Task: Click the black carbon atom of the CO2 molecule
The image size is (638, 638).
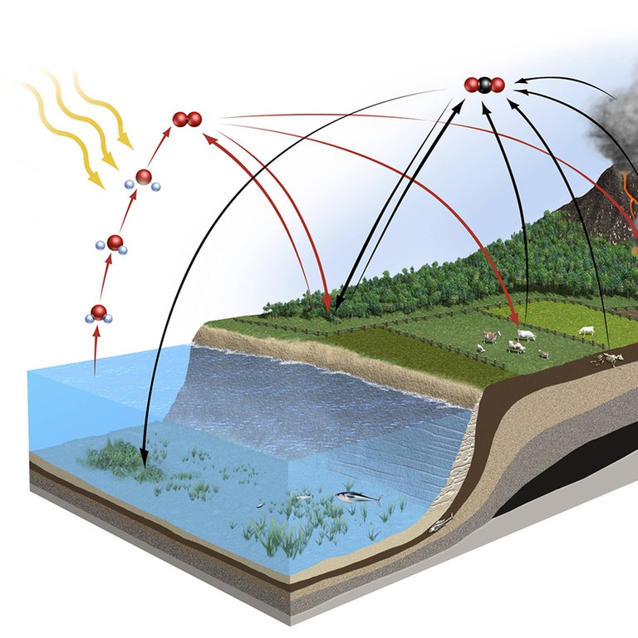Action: click(x=484, y=84)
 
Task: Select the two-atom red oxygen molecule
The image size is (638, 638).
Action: click(x=187, y=120)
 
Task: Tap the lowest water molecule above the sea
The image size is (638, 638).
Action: click(x=98, y=313)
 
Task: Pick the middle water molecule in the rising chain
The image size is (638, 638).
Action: click(x=115, y=243)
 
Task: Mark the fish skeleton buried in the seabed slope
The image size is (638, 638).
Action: click(x=440, y=523)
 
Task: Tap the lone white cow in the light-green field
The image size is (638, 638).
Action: click(x=587, y=331)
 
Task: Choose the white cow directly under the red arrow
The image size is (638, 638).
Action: click(x=525, y=334)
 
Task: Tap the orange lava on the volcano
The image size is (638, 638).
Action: click(x=630, y=195)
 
